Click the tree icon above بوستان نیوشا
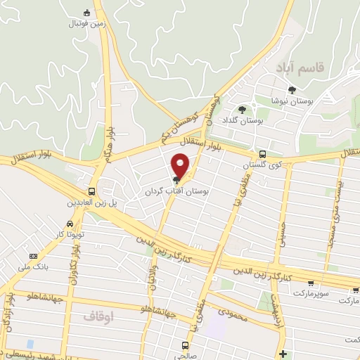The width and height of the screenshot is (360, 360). [x=292, y=89]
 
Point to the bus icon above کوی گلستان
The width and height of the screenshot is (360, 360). [x=262, y=154]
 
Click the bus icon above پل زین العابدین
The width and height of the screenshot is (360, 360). [x=92, y=191]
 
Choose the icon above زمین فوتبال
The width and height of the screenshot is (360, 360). [x=86, y=13]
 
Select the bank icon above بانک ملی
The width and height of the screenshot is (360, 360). [x=33, y=256]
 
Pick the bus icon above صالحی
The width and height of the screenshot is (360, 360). [x=185, y=345]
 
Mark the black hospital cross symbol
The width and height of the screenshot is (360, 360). [x=283, y=353]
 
